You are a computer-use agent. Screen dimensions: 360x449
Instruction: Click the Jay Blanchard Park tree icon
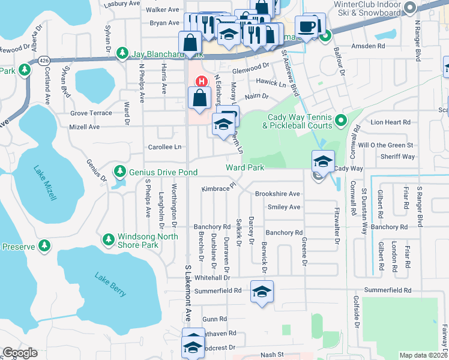point(122,53)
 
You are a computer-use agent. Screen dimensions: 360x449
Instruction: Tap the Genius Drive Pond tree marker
point(120,172)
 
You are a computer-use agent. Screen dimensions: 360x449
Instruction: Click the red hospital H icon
point(202,81)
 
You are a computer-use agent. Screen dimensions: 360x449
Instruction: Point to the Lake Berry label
point(110,284)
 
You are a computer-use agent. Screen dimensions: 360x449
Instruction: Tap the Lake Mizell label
point(46,182)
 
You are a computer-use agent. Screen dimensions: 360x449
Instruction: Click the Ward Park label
point(245,168)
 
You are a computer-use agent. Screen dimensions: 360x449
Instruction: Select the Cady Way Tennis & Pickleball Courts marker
point(341,121)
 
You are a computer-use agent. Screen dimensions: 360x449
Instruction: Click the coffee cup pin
point(306,26)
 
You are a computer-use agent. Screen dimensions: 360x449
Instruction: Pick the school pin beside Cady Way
point(323,161)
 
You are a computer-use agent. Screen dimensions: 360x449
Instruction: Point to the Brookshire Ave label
point(277,194)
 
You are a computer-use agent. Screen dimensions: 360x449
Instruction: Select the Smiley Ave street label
point(284,207)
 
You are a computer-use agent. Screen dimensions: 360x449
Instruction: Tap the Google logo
point(20,353)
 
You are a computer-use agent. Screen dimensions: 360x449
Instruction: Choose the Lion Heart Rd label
point(390,122)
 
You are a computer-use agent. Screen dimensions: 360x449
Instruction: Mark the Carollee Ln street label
point(164,147)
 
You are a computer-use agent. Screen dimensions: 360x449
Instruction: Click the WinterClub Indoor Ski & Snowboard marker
point(411,8)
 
